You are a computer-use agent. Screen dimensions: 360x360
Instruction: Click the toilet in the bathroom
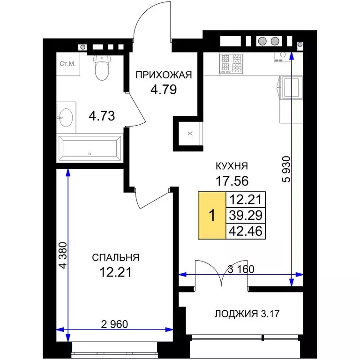coord(101,68)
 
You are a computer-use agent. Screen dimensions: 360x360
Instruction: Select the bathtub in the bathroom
coord(89,148)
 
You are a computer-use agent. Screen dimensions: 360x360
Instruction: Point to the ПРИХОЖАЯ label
coord(164,75)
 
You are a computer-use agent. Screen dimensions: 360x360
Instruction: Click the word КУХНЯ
coord(231,165)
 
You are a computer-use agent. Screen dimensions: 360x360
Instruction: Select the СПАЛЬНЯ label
coord(115,257)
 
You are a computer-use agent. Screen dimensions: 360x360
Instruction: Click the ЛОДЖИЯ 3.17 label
coord(243,314)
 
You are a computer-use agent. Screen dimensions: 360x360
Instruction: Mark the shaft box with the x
coord(189,134)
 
